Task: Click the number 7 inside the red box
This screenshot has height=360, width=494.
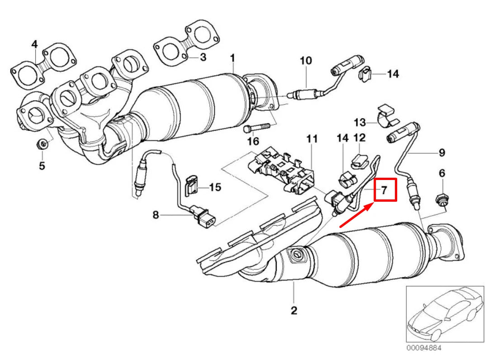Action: point(384,190)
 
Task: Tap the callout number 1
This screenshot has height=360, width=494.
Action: point(233,58)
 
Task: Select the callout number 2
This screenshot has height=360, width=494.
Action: point(294,310)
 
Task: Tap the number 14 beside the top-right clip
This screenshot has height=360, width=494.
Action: point(393,73)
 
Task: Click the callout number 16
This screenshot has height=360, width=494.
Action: point(253,142)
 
